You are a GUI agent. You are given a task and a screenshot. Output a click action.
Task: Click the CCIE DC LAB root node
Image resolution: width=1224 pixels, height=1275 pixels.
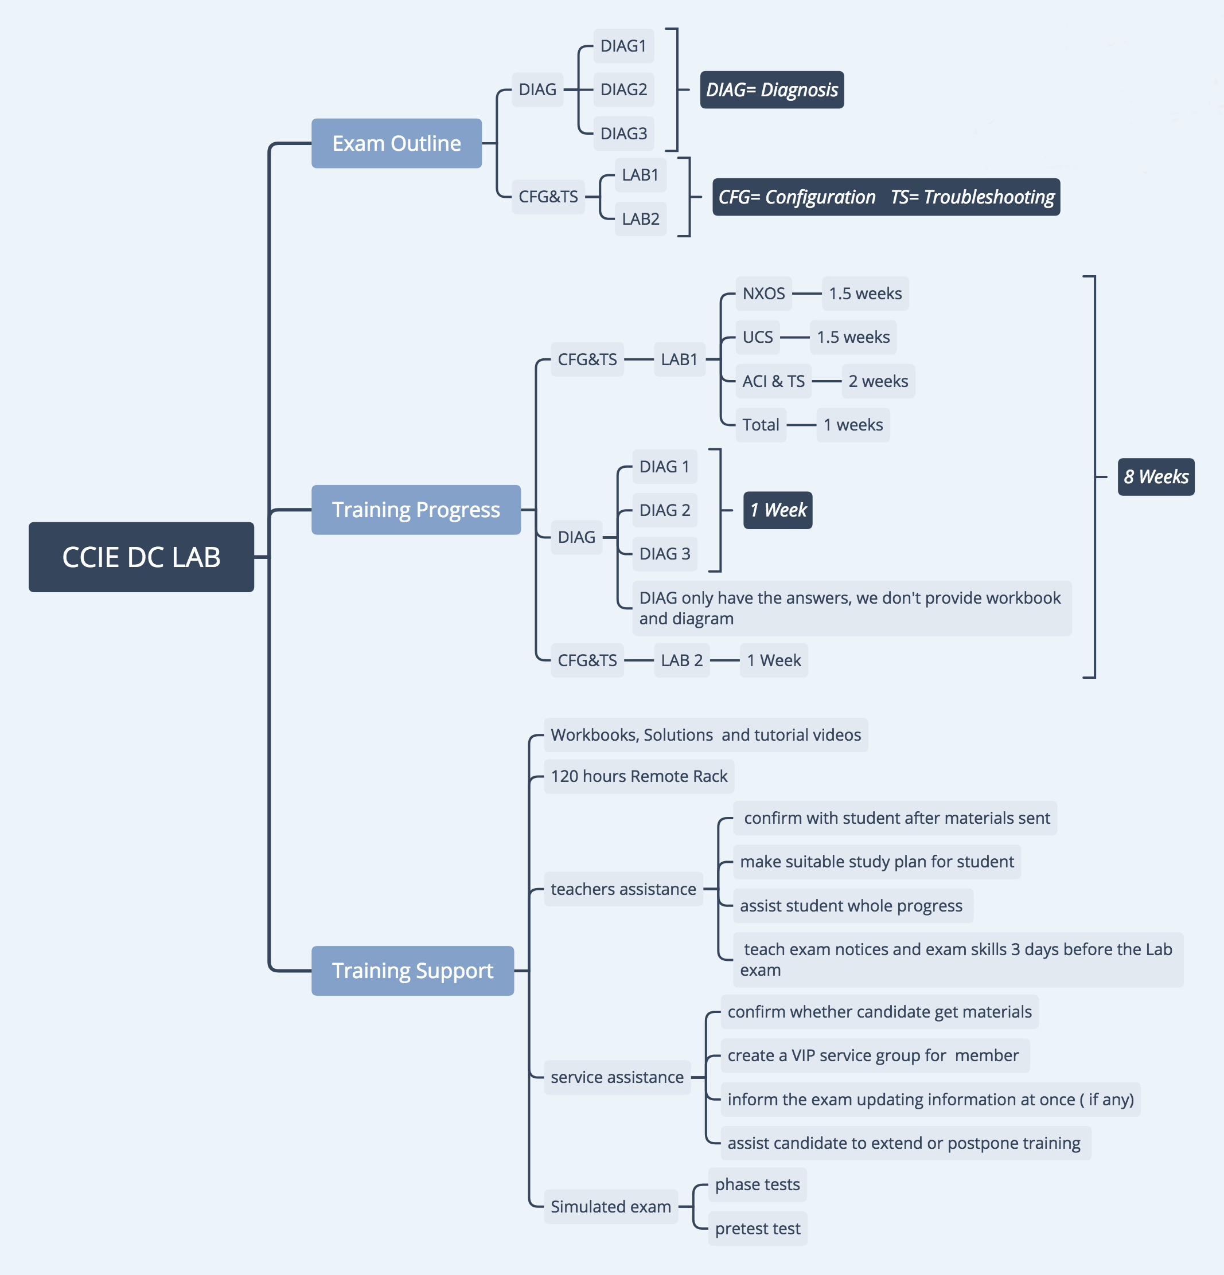tap(141, 557)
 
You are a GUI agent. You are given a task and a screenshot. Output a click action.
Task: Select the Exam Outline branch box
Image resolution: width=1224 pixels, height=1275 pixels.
tap(396, 143)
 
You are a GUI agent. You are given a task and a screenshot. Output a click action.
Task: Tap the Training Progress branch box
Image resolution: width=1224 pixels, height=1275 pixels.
tap(416, 509)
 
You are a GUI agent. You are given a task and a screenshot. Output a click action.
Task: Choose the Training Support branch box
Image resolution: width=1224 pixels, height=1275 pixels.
tap(412, 970)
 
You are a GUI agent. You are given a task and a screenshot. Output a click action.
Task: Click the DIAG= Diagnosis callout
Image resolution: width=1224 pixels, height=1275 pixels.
tap(772, 90)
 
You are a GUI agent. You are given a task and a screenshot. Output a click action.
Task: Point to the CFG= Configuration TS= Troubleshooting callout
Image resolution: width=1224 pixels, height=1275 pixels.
tap(886, 197)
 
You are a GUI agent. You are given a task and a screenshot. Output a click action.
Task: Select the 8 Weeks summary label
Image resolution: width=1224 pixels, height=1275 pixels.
tap(1156, 477)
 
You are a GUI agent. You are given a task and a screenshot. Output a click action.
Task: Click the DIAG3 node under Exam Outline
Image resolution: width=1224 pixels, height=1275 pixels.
tap(623, 134)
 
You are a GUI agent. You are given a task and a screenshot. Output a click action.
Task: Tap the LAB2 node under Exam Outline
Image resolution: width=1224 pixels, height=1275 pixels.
tap(640, 218)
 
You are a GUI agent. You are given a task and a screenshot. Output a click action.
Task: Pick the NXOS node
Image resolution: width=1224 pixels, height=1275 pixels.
tap(763, 294)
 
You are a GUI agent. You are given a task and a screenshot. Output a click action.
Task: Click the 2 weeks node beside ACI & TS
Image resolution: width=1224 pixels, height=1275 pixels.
tap(878, 381)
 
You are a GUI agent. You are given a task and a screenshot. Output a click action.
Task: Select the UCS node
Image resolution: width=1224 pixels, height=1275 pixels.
tap(758, 337)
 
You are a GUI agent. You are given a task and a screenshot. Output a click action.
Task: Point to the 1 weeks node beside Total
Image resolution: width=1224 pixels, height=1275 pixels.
tap(852, 425)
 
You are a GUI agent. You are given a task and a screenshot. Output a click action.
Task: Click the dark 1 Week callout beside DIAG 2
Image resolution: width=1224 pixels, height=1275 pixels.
tap(778, 510)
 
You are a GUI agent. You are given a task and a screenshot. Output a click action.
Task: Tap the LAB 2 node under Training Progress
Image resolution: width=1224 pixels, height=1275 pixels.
tap(681, 660)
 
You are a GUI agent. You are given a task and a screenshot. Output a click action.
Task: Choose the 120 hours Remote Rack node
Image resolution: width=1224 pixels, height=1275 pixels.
tap(639, 776)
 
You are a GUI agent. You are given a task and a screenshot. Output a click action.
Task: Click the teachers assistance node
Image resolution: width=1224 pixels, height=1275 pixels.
tap(623, 889)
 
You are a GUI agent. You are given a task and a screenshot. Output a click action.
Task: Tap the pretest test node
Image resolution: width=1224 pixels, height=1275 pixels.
tap(758, 1228)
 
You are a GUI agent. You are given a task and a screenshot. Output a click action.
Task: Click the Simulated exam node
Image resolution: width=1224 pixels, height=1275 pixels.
tap(610, 1207)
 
